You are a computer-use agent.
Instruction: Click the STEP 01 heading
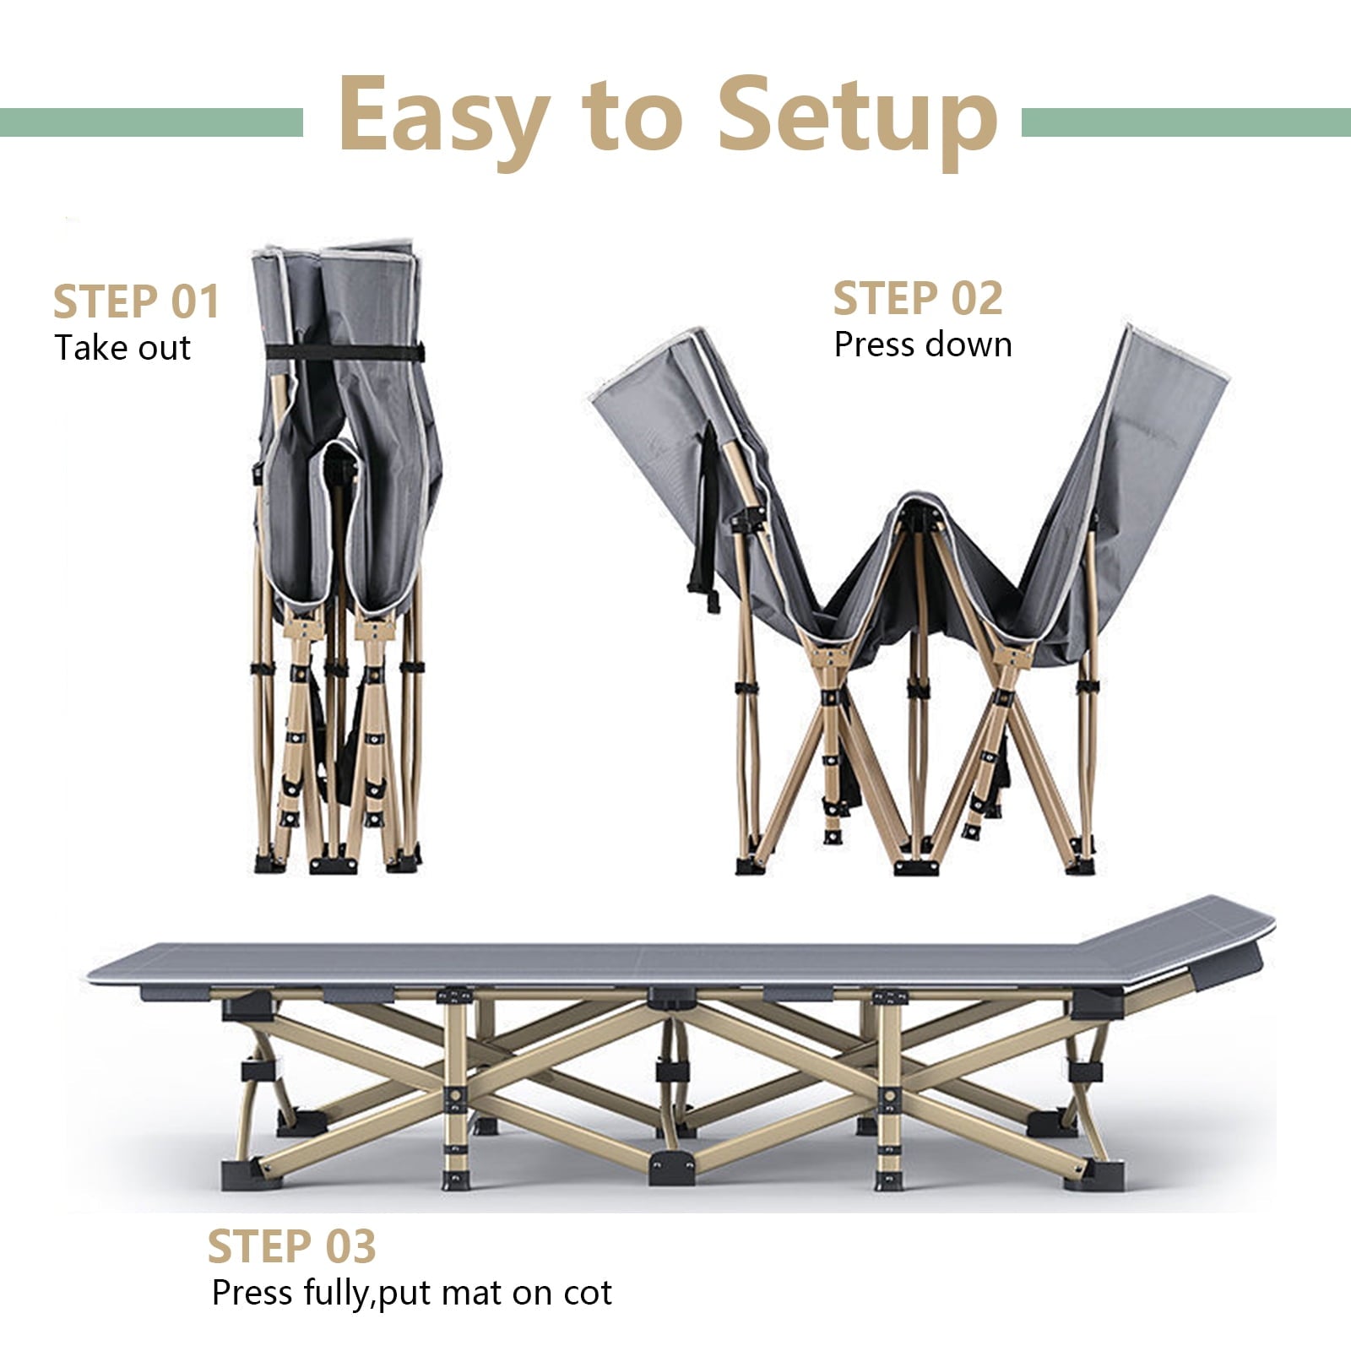pos(137,301)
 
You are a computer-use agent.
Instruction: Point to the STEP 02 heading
pos(918,298)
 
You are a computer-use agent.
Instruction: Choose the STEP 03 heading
pos(291,1246)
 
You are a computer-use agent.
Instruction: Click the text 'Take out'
pos(122,348)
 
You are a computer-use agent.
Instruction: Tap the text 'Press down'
pos(923,345)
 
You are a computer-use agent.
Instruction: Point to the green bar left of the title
pos(151,122)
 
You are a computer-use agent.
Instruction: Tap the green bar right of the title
pos(1186,122)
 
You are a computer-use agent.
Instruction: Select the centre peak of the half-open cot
pos(921,507)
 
